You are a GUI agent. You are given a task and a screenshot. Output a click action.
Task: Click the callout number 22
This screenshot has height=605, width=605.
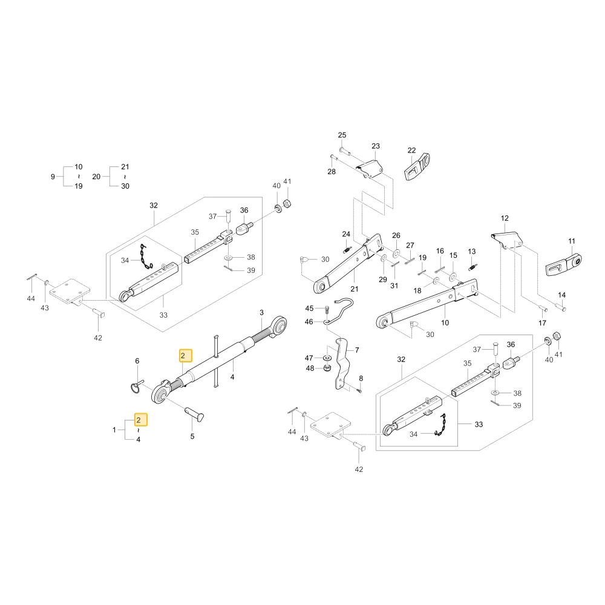point(411,150)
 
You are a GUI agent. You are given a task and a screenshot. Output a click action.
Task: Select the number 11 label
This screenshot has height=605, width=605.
point(572,241)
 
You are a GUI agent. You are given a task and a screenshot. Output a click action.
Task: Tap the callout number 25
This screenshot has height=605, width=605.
point(342,135)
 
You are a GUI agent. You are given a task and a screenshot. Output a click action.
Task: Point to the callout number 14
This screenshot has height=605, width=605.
point(561,295)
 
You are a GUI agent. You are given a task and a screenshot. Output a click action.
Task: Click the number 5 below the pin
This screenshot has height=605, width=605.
point(192,436)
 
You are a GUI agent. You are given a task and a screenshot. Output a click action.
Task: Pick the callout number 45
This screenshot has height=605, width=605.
point(309,309)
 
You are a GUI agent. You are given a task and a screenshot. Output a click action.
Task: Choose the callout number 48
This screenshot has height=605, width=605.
point(310,368)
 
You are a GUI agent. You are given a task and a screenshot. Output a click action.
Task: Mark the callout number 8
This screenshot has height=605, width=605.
point(361,379)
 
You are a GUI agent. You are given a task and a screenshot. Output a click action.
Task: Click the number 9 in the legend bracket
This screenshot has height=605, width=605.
point(53,177)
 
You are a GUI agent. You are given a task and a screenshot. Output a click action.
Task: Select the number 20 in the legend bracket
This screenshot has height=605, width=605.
point(96,177)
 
